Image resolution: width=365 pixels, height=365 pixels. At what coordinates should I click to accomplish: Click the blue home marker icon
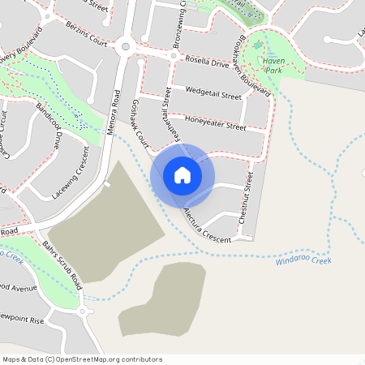tap(182, 175)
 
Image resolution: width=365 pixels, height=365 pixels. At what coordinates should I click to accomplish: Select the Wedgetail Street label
tap(213, 93)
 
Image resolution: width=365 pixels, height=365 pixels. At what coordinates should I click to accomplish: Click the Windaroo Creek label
tap(304, 260)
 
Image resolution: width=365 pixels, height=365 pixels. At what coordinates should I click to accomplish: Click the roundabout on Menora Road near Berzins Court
tap(125, 47)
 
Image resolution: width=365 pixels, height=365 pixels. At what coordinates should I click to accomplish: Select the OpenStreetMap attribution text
tap(82, 359)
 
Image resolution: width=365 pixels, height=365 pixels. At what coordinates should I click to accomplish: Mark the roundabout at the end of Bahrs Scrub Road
tap(82, 311)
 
